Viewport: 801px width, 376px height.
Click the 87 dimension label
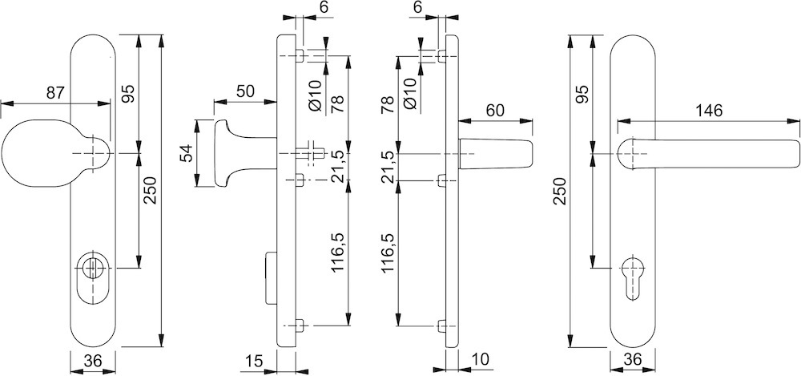coord(54,93)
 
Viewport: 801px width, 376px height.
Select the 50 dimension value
coord(246,91)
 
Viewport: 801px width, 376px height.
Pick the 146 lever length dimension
coord(708,111)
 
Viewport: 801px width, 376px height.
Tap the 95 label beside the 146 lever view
coord(582,94)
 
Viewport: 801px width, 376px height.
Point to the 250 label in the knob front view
coord(151,189)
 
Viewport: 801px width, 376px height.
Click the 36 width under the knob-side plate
coord(93,362)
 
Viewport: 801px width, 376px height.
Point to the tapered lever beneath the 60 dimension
coord(497,153)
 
